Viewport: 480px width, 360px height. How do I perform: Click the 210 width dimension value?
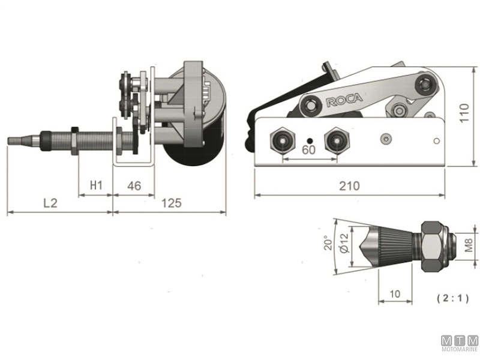point(349,186)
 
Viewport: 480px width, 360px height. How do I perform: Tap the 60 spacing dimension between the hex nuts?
point(308,149)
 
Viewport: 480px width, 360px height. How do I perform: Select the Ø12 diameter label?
point(344,245)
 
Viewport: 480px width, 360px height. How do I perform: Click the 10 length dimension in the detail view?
point(395,293)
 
